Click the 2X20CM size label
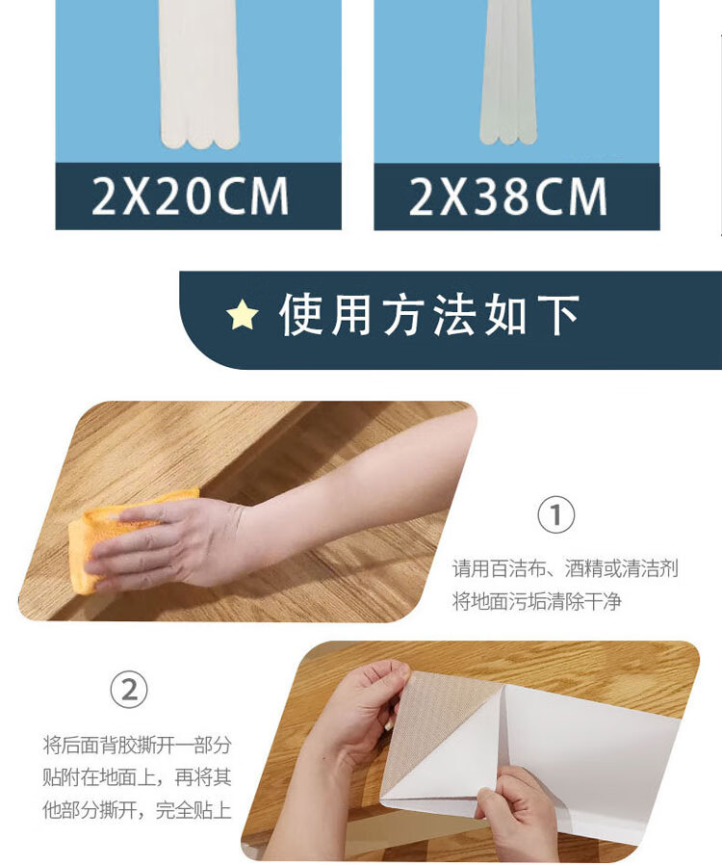pyautogui.click(x=191, y=196)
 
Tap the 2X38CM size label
pyautogui.click(x=507, y=197)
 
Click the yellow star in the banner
pyautogui.click(x=242, y=314)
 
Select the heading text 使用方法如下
pyautogui.click(x=429, y=314)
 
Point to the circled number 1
pyautogui.click(x=556, y=515)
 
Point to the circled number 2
pyautogui.click(x=129, y=690)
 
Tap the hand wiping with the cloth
pyautogui.click(x=166, y=546)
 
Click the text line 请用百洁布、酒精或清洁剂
pyautogui.click(x=565, y=568)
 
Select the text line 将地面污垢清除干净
pyautogui.click(x=537, y=601)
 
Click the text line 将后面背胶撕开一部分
pyautogui.click(x=138, y=746)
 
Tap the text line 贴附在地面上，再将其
pyautogui.click(x=138, y=778)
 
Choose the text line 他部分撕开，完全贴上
pyautogui.click(x=138, y=810)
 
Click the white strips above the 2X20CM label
pyautogui.click(x=199, y=74)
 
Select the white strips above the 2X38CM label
pyautogui.click(x=508, y=71)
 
